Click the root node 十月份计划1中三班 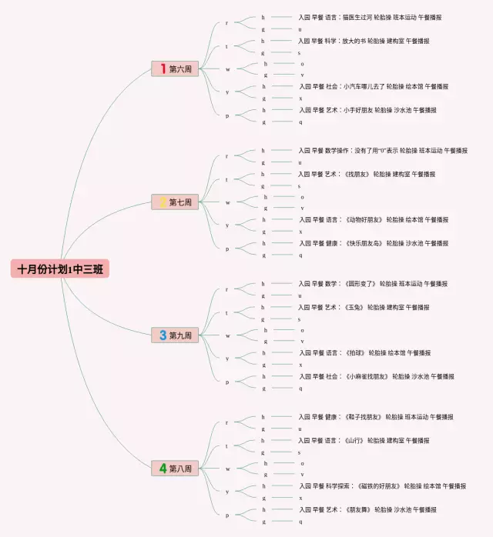click(61, 269)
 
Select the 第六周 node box click(176, 69)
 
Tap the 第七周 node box click(176, 202)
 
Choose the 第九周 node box click(176, 335)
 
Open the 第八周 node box click(176, 468)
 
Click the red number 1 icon click(163, 69)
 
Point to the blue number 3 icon click(163, 335)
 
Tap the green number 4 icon click(163, 468)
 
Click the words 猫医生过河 click(356, 17)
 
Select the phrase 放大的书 click(353, 41)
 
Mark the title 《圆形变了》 click(357, 284)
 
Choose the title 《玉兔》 click(350, 307)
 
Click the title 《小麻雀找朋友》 click(367, 377)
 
